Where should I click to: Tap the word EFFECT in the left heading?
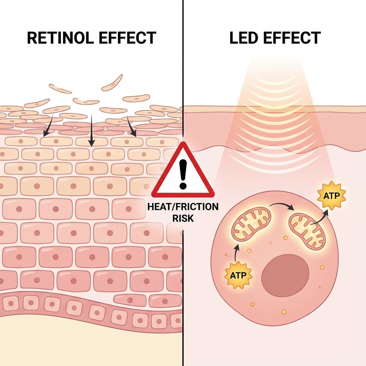(129, 38)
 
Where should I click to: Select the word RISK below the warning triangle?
(183, 218)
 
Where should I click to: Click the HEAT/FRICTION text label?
(183, 207)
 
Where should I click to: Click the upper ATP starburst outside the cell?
(332, 195)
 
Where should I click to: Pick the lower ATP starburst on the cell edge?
(238, 275)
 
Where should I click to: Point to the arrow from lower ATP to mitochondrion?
(236, 254)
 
